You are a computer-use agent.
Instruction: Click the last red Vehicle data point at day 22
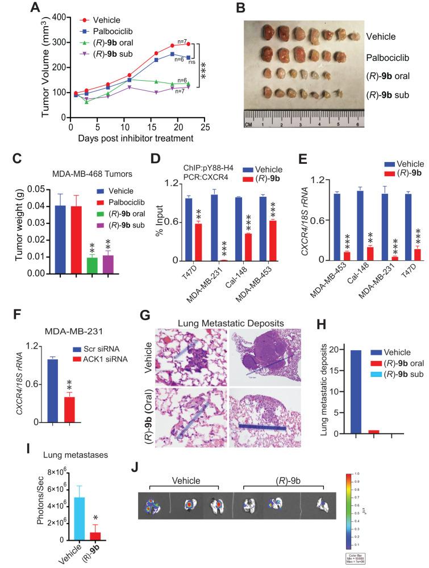point(189,44)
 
